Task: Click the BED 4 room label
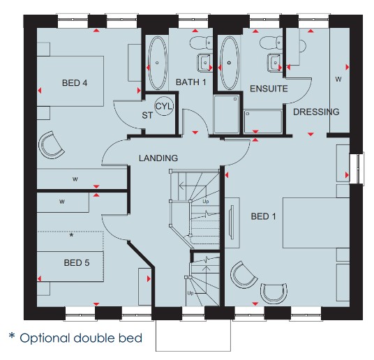point(75,83)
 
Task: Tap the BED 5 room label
point(77,262)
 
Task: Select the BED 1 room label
point(263,216)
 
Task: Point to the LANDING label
point(158,158)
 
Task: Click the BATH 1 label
point(190,82)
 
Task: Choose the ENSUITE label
point(269,89)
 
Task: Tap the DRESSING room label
point(316,112)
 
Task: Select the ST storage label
point(147,116)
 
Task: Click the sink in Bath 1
point(204,63)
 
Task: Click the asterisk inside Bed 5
point(71,236)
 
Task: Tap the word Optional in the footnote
point(45,338)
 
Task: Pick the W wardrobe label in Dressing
point(338,79)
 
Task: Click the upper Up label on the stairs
point(206,202)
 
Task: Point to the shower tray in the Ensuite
point(262,121)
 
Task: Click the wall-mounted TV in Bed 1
point(231,222)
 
